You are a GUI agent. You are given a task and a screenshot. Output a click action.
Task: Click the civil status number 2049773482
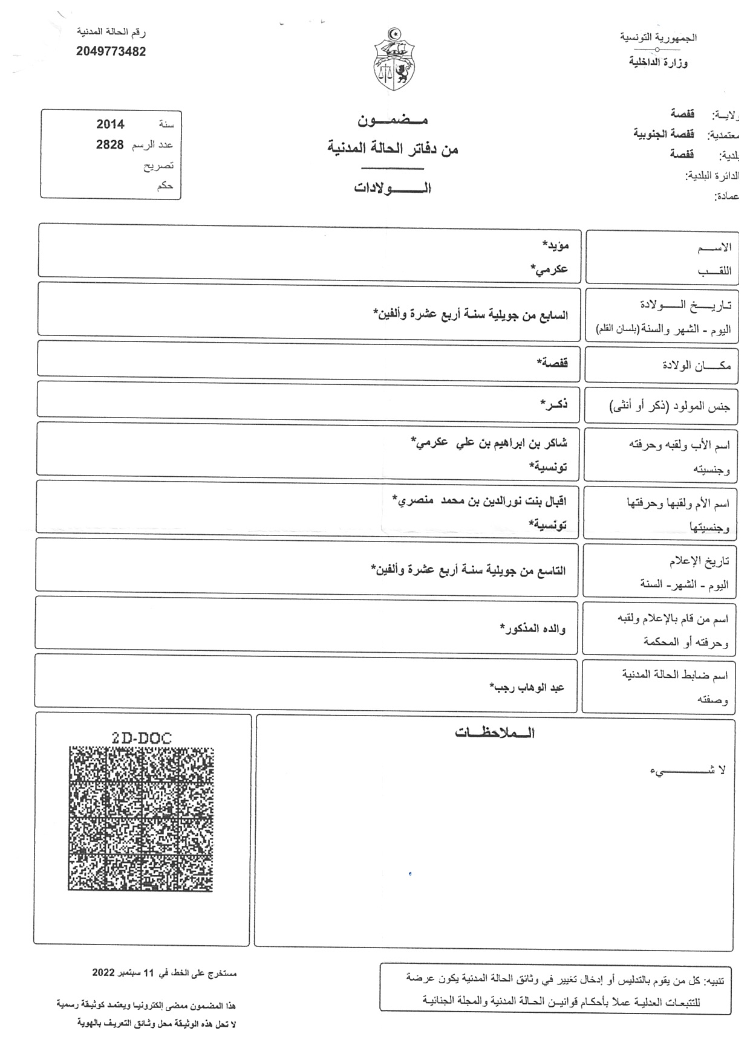point(111,52)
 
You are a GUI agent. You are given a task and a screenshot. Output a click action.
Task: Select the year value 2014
point(110,124)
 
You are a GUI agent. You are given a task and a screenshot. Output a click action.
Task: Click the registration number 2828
point(110,145)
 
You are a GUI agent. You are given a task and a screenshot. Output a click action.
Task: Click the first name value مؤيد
point(555,245)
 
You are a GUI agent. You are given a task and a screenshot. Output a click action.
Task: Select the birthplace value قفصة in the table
point(552,363)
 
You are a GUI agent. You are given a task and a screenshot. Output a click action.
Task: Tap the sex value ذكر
point(554,404)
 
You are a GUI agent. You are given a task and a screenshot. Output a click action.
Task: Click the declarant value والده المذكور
point(533,629)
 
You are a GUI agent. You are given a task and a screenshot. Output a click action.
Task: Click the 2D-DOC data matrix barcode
point(140,819)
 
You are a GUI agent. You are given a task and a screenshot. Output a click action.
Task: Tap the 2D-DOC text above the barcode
point(142,738)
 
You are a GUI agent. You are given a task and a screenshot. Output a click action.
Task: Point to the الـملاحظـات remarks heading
point(495,734)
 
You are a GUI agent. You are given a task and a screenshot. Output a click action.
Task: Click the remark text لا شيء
point(688,770)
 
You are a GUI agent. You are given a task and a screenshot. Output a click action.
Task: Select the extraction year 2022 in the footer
point(103,974)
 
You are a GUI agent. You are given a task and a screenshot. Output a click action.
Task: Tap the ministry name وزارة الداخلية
point(658,62)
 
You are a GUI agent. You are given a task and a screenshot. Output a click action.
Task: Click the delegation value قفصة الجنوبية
point(664,134)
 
